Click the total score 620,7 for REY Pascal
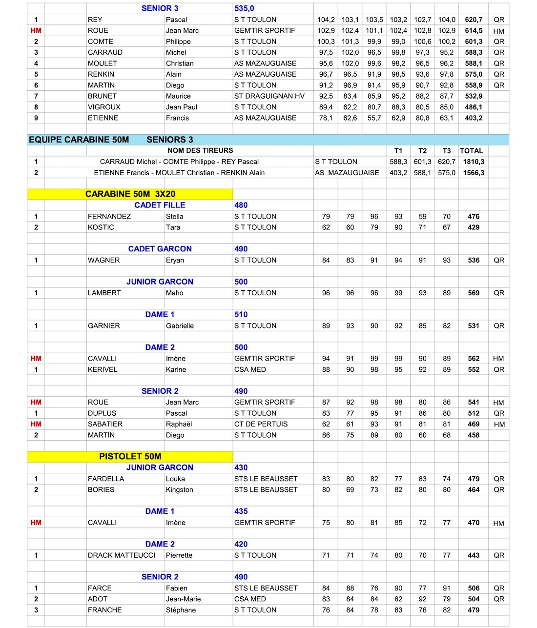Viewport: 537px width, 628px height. (x=473, y=20)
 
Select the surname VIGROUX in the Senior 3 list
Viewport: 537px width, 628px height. (x=104, y=107)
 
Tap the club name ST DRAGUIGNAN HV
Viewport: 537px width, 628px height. (x=269, y=96)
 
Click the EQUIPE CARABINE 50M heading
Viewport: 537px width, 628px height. (x=79, y=140)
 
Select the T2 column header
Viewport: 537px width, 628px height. (x=422, y=151)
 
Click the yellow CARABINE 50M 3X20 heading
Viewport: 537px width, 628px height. (x=130, y=194)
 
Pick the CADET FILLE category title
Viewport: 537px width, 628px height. (x=160, y=205)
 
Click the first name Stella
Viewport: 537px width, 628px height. (x=174, y=217)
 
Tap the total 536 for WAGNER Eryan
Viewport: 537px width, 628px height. (x=474, y=261)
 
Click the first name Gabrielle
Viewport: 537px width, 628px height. (x=180, y=326)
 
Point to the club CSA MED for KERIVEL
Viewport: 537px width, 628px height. (x=250, y=370)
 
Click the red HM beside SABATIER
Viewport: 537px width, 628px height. (x=36, y=425)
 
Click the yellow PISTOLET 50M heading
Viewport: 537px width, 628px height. (x=130, y=457)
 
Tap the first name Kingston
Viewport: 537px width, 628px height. (x=179, y=490)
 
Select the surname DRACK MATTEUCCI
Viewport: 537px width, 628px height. (x=122, y=555)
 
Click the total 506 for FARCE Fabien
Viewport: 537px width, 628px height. (x=474, y=588)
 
